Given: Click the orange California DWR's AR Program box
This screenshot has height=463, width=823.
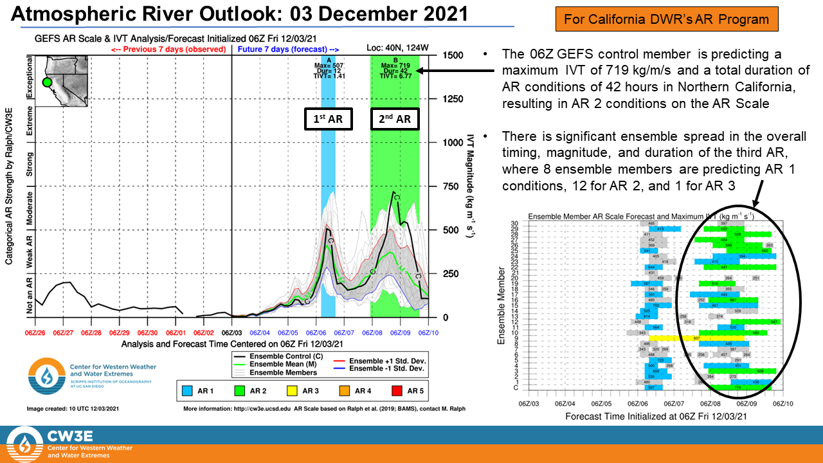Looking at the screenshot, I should tap(666, 19).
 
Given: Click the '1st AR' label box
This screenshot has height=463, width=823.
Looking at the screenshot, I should tap(328, 120).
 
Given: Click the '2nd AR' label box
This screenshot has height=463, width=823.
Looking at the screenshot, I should tap(395, 120).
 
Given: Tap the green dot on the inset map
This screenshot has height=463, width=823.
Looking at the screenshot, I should tap(46, 82).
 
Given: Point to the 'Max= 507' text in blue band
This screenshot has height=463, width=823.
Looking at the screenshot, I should tap(328, 65).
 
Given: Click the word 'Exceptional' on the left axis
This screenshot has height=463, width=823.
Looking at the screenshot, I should tap(28, 77).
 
